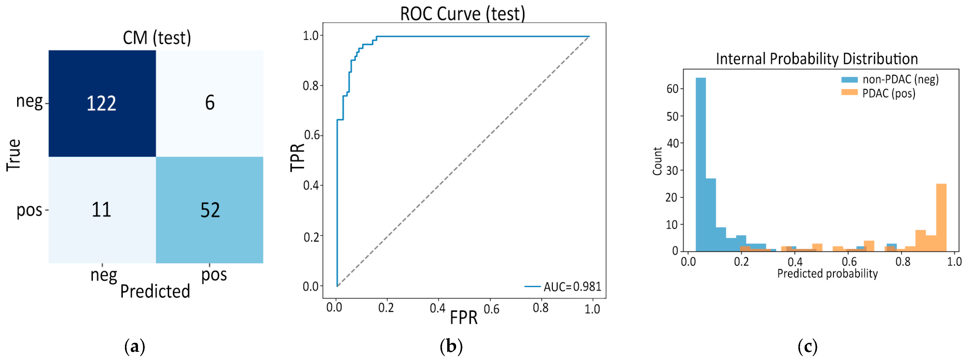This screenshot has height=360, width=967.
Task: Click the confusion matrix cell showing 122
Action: (102, 103)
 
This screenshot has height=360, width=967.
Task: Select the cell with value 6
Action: (209, 103)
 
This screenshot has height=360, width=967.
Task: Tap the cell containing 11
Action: (102, 210)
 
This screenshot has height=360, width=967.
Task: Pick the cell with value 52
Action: (209, 210)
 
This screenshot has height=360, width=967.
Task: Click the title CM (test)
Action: (157, 38)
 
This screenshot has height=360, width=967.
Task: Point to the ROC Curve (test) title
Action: (462, 14)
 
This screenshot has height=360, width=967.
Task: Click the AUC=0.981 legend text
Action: (572, 287)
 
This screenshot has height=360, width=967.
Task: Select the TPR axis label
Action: (297, 157)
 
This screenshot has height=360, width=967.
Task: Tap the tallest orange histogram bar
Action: (941, 217)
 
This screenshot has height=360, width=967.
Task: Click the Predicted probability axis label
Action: (827, 273)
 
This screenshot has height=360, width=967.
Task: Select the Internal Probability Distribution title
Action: (817, 59)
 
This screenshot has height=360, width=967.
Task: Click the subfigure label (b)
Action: (451, 346)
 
